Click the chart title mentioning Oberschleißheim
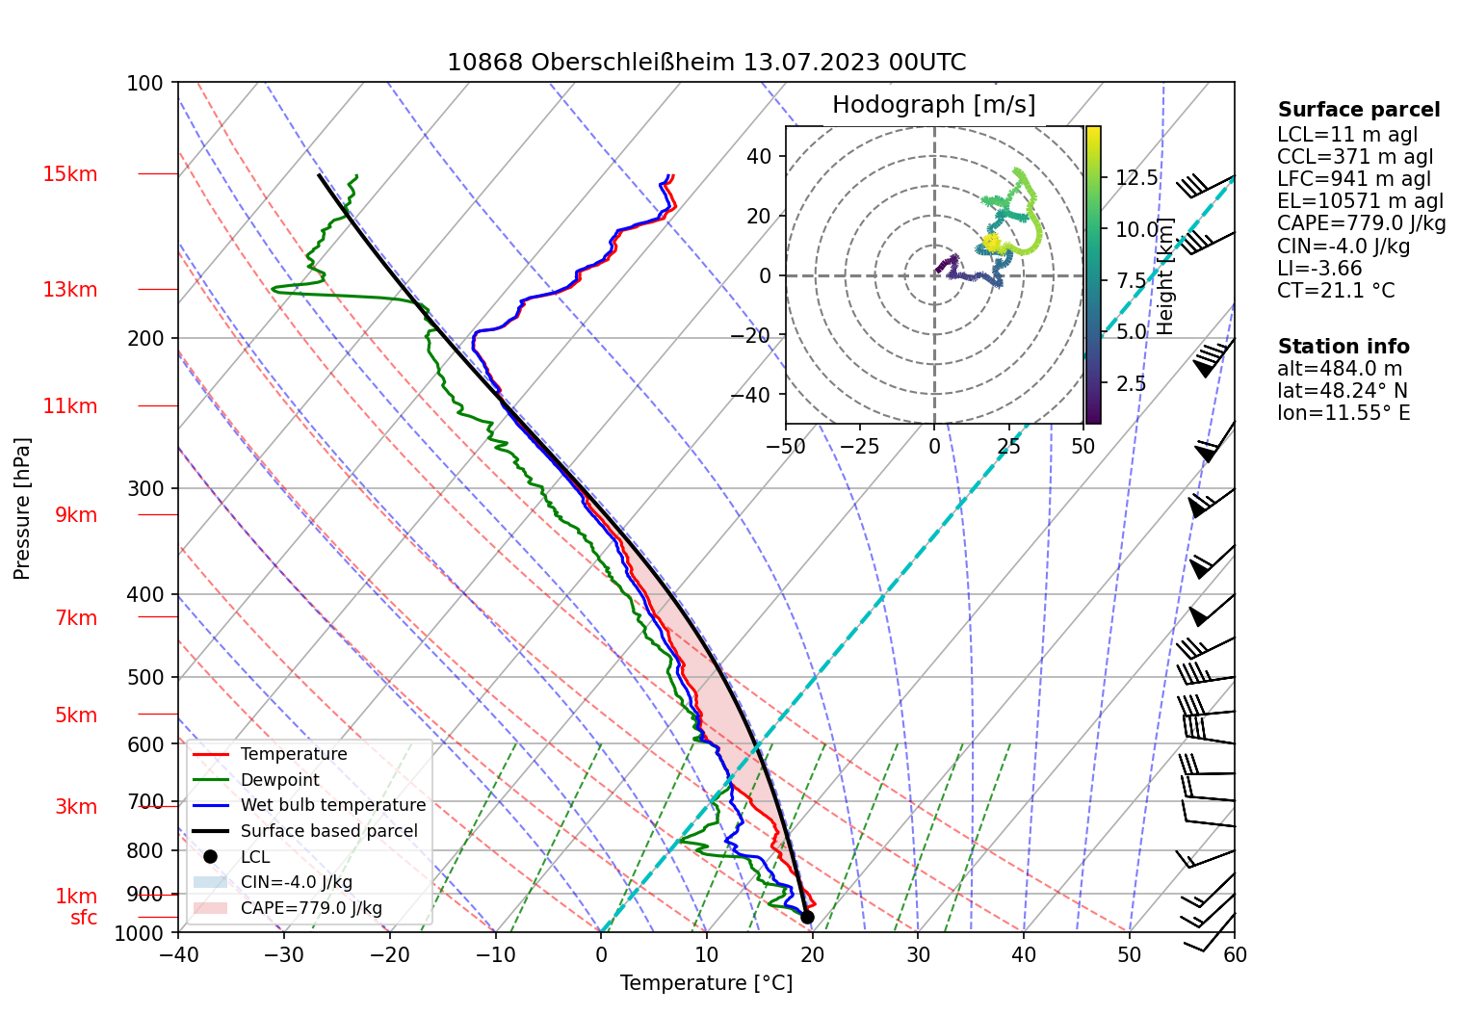click(706, 63)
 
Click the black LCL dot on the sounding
click(807, 917)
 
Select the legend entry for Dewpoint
click(279, 780)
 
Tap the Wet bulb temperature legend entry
click(332, 805)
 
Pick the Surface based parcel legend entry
click(328, 831)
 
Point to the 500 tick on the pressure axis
click(145, 677)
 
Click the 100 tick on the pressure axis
click(145, 83)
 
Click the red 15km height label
click(69, 174)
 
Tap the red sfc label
click(84, 918)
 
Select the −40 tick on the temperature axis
click(178, 954)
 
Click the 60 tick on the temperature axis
click(1235, 954)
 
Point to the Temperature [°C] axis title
click(706, 983)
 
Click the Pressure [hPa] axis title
click(22, 508)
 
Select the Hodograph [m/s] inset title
click(933, 105)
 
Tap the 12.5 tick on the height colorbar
click(1136, 178)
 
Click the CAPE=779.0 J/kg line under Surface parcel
click(1361, 223)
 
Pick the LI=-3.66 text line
click(1319, 269)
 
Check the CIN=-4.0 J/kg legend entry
click(296, 882)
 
